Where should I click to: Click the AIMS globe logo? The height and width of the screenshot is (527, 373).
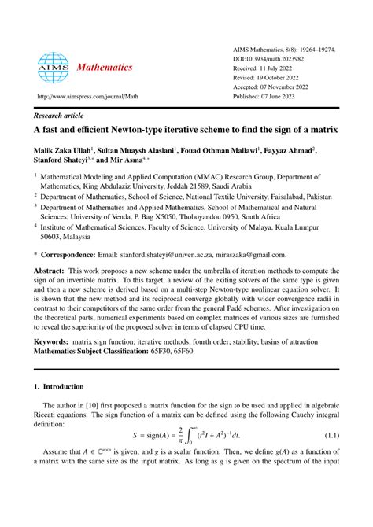[x=54, y=68]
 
